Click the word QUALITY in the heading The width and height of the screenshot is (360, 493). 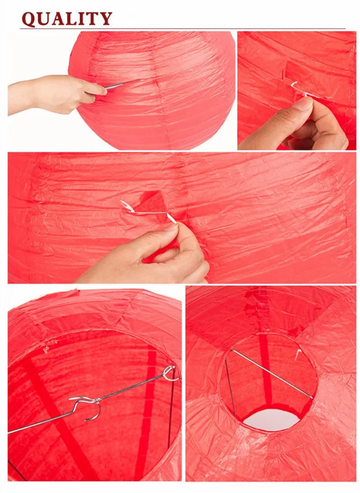[x=67, y=19]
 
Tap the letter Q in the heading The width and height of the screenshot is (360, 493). [x=29, y=19]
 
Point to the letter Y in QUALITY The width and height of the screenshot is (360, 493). [x=105, y=19]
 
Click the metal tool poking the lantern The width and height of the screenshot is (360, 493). [x=121, y=84]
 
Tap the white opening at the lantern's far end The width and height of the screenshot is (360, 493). [x=272, y=420]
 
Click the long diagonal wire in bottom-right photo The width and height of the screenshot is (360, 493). [x=272, y=374]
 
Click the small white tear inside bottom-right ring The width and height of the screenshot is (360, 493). [x=297, y=355]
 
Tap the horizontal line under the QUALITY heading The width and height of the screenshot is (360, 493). [x=183, y=29]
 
